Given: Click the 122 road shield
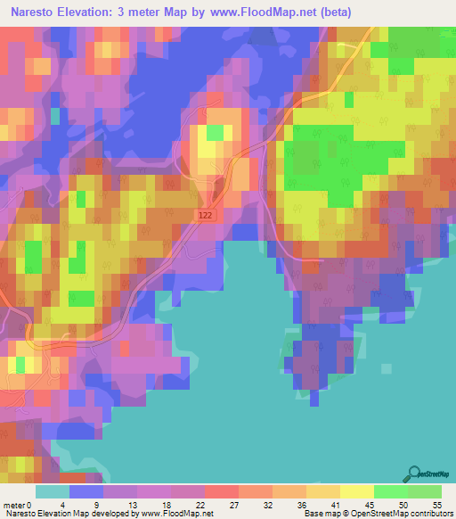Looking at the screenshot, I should coord(207,215).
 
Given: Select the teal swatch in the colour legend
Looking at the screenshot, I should coord(53,492).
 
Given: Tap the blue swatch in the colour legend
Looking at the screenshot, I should coord(86,492).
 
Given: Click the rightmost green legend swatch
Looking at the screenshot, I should coord(425,492).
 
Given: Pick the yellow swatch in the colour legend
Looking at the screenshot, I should coord(357,492).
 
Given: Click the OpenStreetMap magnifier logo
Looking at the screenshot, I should coord(413,474).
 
